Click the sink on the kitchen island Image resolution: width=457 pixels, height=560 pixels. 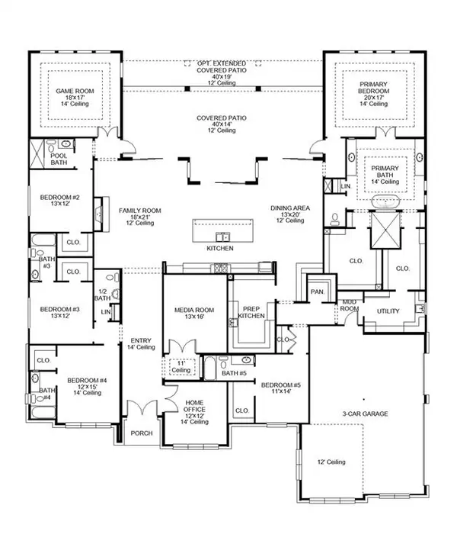(222, 236)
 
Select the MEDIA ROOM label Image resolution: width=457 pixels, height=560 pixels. (194, 312)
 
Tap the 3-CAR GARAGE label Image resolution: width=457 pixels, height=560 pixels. (364, 414)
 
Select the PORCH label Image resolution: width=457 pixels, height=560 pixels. (142, 433)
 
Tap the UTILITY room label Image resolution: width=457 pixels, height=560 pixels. (388, 311)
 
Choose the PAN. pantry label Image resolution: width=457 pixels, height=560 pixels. (315, 292)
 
